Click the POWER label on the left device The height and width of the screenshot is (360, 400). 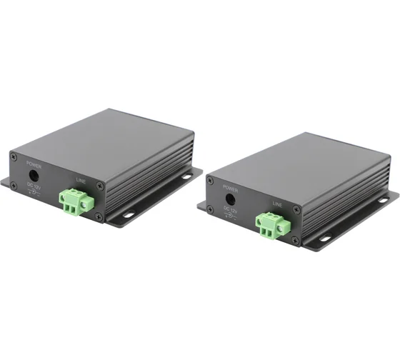[x=32, y=162]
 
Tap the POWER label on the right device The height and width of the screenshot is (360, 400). [x=229, y=190]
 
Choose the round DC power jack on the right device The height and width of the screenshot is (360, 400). [x=230, y=201]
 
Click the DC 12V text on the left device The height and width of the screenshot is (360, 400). [x=34, y=186]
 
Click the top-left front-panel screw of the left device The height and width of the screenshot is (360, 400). [x=12, y=155]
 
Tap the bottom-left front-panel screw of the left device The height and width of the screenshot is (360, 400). [x=14, y=184]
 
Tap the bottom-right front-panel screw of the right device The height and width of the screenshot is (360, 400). [x=296, y=241]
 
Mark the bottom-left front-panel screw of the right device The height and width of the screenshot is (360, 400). [x=211, y=209]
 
